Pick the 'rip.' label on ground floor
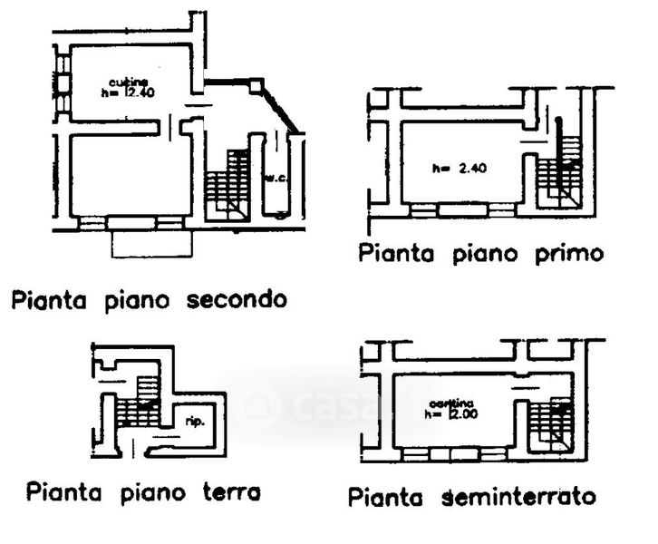click(x=192, y=422)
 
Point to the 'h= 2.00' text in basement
click(x=450, y=413)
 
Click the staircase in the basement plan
click(x=550, y=422)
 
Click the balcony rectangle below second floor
click(x=151, y=243)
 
